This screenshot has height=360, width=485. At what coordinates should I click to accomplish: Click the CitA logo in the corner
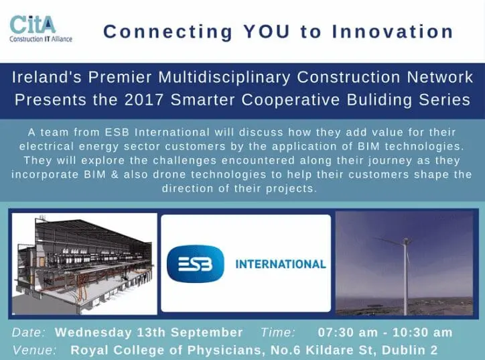(x=40, y=28)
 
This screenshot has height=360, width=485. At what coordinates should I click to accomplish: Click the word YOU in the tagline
(x=267, y=32)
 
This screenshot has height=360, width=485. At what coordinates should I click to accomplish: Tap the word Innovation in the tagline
(x=393, y=32)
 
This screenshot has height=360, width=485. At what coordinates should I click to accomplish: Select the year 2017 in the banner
(x=144, y=100)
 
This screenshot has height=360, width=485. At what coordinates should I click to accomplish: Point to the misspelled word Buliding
(x=380, y=100)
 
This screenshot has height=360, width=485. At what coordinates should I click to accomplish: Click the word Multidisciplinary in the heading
(x=224, y=77)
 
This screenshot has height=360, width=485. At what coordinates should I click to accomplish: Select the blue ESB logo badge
(x=195, y=263)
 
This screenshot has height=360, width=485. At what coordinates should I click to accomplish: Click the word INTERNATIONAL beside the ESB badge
(x=281, y=264)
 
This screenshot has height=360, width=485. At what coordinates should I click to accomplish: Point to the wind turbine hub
(x=405, y=240)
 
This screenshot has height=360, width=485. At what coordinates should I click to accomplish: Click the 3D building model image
(x=84, y=263)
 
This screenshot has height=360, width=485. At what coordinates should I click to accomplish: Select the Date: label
(x=29, y=333)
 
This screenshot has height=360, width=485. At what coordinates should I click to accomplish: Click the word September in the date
(x=206, y=333)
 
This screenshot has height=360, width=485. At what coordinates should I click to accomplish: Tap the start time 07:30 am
(x=348, y=333)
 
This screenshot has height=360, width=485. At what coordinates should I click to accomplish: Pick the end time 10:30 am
(x=422, y=333)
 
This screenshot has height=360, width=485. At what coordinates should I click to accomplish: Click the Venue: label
(x=35, y=350)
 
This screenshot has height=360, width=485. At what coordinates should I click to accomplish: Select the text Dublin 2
(x=409, y=350)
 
